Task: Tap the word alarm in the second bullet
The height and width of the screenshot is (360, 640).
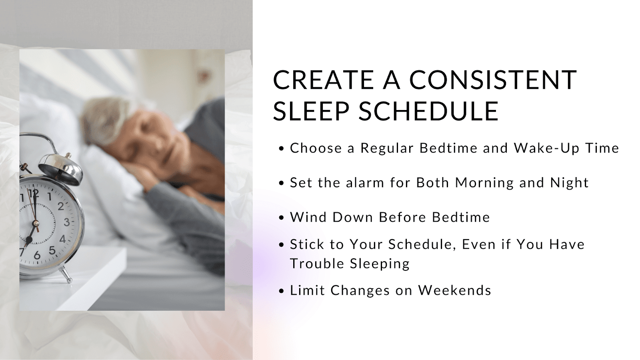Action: (365, 182)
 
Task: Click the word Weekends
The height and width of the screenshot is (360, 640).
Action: (454, 290)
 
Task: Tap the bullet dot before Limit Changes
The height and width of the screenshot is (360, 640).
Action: (282, 291)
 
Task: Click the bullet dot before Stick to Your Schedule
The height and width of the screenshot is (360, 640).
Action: (282, 245)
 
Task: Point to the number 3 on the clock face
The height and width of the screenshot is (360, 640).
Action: (66, 222)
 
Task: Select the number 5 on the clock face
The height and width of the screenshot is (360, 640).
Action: (52, 250)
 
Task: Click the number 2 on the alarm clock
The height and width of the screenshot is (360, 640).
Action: (60, 206)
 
